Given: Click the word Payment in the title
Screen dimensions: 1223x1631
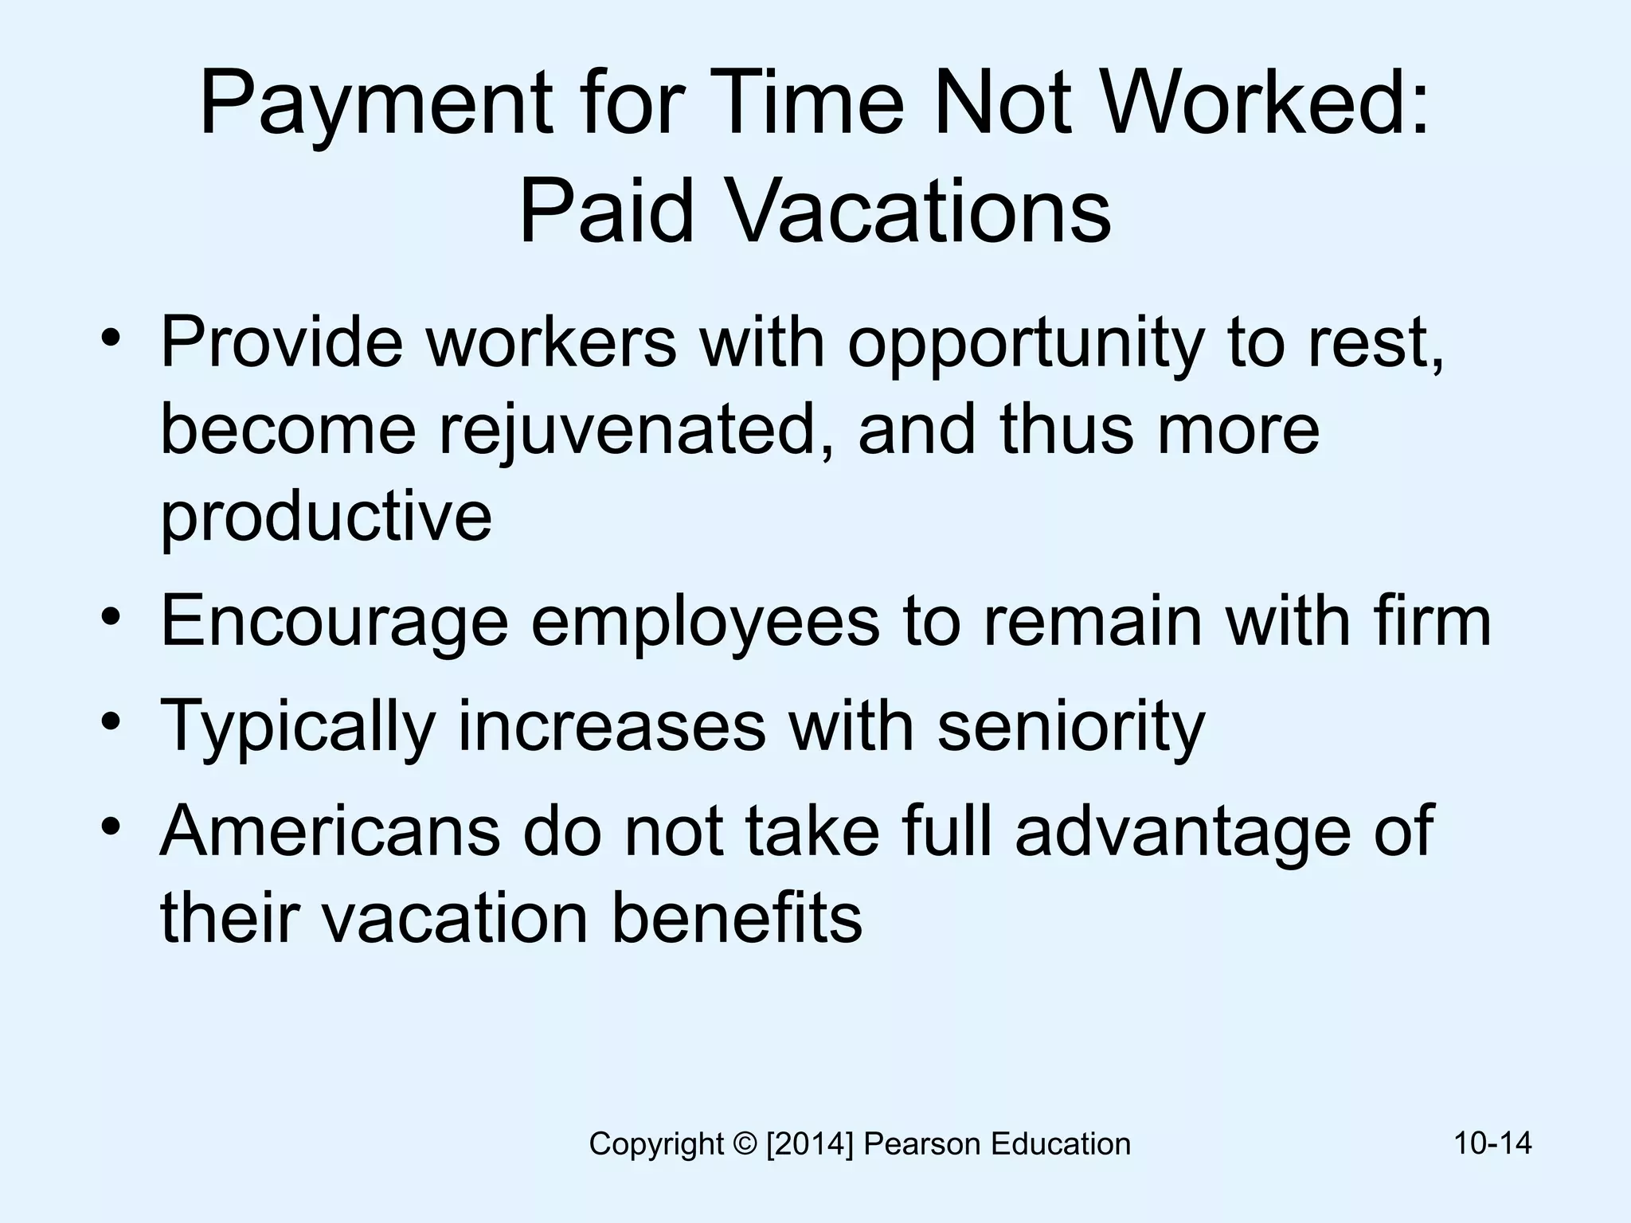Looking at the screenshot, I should coord(375,107).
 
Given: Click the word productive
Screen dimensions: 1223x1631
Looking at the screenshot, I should coord(327,518).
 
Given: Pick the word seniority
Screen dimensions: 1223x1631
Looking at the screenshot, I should coord(1071,728).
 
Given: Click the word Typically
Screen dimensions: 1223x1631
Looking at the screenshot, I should coord(298,728).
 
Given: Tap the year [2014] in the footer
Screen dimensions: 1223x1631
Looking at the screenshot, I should coord(809,1145).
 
